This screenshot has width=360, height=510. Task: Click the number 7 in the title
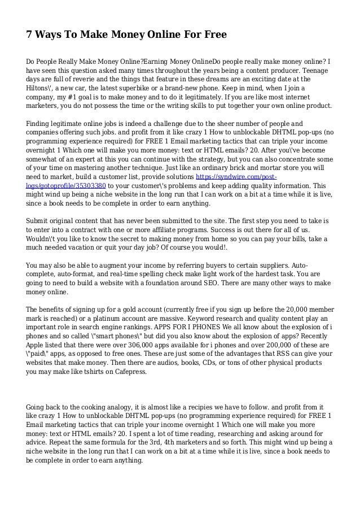30,35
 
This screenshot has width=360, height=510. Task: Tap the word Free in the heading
214,35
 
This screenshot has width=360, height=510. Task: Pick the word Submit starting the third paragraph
39,220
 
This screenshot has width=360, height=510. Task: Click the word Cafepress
128,374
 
